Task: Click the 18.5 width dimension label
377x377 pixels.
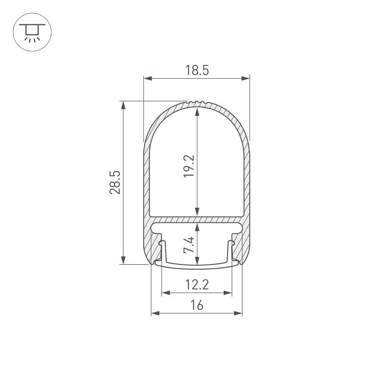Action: click(197, 71)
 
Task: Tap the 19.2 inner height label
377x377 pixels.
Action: click(189, 165)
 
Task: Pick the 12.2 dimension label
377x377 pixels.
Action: click(197, 285)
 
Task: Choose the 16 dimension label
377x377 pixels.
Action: click(197, 305)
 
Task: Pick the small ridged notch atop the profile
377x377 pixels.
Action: click(197, 102)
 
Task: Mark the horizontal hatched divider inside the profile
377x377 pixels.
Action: click(197, 220)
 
